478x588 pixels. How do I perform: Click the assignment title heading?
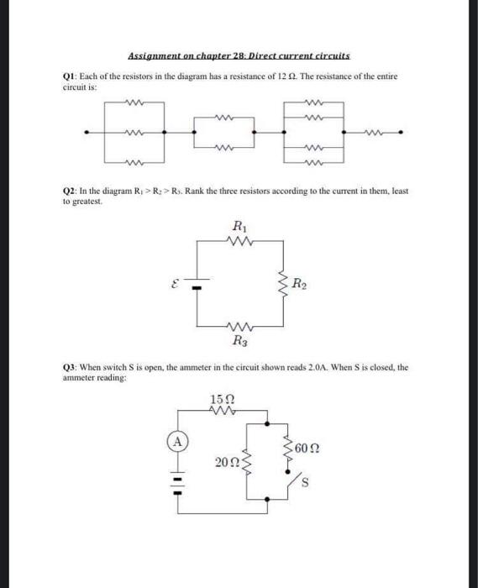(x=239, y=56)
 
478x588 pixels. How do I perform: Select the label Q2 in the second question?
(x=71, y=192)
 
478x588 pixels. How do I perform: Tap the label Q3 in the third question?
(x=71, y=367)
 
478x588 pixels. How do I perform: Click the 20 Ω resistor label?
(x=225, y=460)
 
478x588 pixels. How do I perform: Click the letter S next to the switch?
(x=306, y=483)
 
